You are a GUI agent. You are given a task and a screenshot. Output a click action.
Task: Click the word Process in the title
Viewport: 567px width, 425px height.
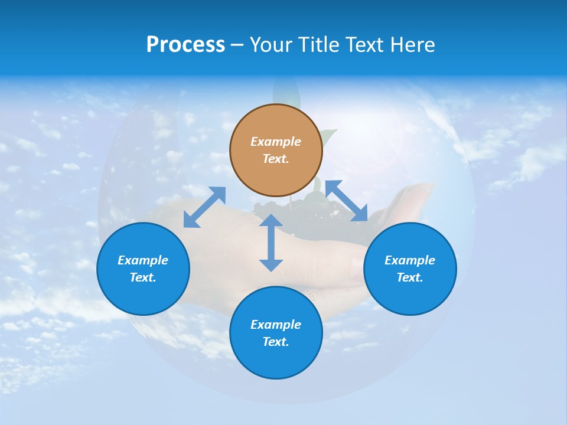pyautogui.click(x=185, y=45)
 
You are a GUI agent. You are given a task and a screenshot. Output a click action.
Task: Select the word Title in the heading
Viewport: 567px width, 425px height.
pyautogui.click(x=322, y=45)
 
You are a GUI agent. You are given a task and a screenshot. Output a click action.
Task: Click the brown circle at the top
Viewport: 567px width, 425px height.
pyautogui.click(x=276, y=151)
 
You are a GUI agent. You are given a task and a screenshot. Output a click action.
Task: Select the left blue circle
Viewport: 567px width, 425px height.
pyautogui.click(x=143, y=269)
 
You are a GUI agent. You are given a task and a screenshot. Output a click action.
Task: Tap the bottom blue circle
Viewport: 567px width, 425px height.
pyautogui.click(x=276, y=333)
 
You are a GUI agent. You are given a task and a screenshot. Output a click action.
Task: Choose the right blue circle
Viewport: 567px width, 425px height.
pyautogui.click(x=410, y=269)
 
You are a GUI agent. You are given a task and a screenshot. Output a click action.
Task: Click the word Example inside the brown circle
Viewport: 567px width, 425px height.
pyautogui.click(x=276, y=142)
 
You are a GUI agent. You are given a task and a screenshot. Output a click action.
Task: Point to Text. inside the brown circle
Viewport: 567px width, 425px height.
pyautogui.click(x=276, y=159)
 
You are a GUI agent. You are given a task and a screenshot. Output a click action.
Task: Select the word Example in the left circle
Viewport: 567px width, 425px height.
pyautogui.click(x=143, y=260)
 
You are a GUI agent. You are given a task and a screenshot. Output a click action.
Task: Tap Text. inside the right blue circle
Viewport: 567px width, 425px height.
pyautogui.click(x=410, y=277)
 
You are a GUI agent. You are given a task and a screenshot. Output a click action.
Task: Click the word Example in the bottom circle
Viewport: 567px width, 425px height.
pyautogui.click(x=276, y=325)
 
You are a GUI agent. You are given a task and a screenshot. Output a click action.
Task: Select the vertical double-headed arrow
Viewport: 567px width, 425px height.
pyautogui.click(x=271, y=243)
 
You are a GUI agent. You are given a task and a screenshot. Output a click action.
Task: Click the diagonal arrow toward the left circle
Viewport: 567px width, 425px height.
pyautogui.click(x=204, y=207)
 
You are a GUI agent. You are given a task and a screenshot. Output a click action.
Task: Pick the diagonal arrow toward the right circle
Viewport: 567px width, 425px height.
pyautogui.click(x=347, y=201)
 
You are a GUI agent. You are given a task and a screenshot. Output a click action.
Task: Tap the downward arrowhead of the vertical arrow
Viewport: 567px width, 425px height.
pyautogui.click(x=271, y=265)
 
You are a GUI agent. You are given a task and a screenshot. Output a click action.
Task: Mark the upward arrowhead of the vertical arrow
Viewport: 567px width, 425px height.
pyautogui.click(x=271, y=221)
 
